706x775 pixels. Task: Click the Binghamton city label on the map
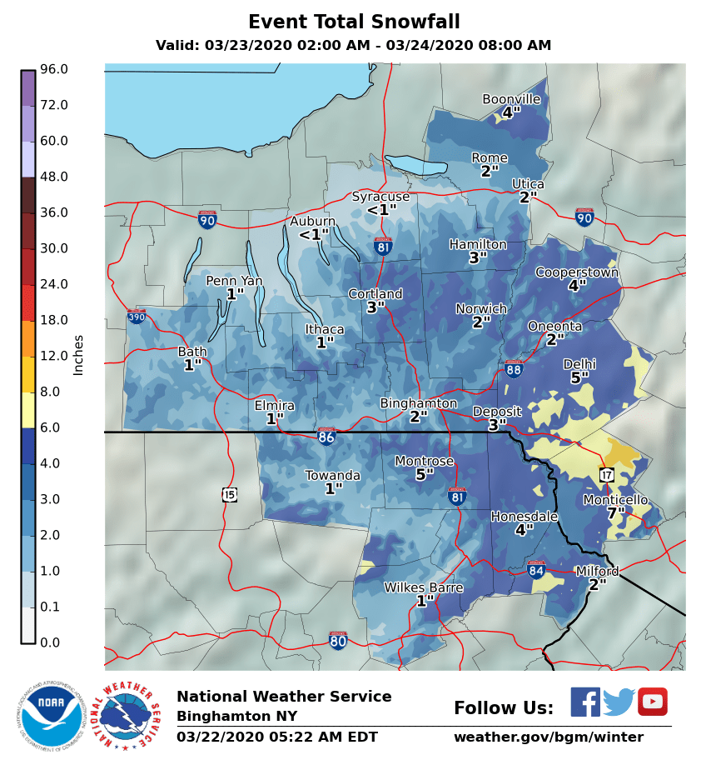[x=419, y=403]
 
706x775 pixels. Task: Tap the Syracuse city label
[x=380, y=197]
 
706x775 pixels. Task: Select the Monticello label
[x=615, y=499]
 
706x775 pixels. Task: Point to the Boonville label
[x=511, y=99]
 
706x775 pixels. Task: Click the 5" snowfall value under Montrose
[x=425, y=474]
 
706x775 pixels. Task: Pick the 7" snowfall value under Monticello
[x=615, y=512]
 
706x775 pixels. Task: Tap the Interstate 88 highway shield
[x=514, y=369]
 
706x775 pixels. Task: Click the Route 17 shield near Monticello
[x=606, y=474]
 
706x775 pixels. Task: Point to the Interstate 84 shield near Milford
[x=536, y=569]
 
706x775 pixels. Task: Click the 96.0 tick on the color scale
[x=54, y=69]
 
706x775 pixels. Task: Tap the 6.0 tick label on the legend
[x=54, y=427]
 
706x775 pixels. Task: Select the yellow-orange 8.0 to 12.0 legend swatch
[x=28, y=374]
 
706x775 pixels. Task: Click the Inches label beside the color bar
[x=79, y=355]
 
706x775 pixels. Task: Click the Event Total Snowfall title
[x=354, y=22]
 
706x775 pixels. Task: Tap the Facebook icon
[x=584, y=702]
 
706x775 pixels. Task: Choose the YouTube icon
[x=653, y=702]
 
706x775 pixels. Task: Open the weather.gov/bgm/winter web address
[x=548, y=737]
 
